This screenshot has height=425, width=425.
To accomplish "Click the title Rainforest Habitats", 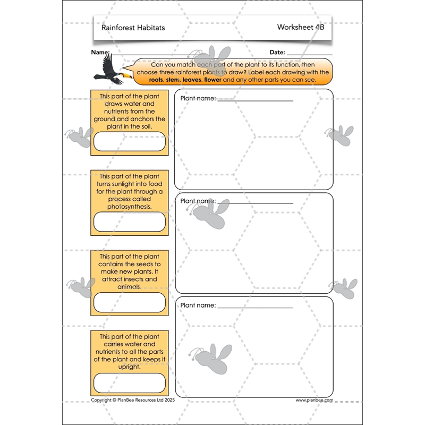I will pos(133,28).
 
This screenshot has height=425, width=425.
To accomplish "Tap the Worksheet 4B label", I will pos(300,27).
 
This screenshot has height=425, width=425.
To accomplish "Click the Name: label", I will pos(100,52).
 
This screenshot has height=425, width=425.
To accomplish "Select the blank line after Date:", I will pos(309,54).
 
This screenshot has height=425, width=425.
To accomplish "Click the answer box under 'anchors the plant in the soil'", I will pos(130,141).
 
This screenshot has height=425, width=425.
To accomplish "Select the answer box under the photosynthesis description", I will pos(130,222).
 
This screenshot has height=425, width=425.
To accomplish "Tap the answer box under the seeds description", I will pos(130,302).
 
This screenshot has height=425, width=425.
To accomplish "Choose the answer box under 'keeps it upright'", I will pos(130,382).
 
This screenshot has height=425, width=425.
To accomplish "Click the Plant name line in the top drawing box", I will pos(255,100).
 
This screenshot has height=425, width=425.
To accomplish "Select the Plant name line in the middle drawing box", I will pos(255,202).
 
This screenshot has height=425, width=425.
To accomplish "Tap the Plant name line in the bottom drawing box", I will pos(255,307).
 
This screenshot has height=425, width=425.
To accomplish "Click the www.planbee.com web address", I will pos(314,400).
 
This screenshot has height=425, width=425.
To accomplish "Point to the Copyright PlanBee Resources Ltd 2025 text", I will pos(133,400).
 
